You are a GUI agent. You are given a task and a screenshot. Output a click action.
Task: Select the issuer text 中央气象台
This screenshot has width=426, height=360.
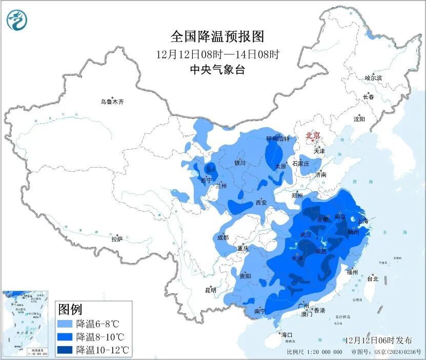[217, 70]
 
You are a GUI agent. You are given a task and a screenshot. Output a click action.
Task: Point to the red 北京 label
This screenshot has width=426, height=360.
[313, 135]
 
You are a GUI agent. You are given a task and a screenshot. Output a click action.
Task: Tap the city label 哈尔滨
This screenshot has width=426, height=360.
[373, 78]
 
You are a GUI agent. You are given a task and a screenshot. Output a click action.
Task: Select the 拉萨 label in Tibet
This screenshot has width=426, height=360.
[117, 239]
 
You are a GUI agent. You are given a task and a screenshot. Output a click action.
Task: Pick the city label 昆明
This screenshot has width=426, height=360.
[211, 290]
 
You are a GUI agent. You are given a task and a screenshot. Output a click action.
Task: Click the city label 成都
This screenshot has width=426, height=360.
[222, 237]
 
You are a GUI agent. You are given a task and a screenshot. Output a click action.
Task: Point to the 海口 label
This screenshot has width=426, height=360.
[286, 335]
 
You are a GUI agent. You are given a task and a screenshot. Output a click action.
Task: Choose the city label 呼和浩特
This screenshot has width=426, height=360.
[278, 138]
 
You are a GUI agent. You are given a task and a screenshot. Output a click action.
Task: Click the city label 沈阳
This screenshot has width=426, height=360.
[359, 119]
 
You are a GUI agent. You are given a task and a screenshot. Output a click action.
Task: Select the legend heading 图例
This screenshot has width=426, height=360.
[71, 309]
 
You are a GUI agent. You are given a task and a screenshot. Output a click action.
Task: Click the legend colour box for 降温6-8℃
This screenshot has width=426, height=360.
[65, 324]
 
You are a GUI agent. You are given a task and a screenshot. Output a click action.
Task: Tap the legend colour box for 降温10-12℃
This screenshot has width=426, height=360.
[65, 350]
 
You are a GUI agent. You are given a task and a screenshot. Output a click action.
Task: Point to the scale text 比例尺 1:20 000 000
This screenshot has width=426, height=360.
[314, 352]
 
